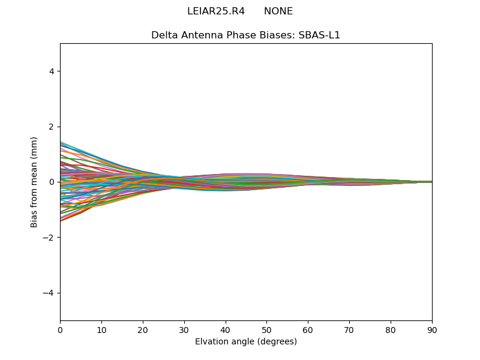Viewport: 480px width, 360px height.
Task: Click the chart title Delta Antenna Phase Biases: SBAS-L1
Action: pyautogui.click(x=246, y=35)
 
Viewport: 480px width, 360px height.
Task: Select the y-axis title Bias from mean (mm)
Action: pyautogui.click(x=34, y=182)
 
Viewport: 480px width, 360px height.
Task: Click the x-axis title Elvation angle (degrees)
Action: pyautogui.click(x=246, y=341)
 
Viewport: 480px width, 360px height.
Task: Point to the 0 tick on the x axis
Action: pyautogui.click(x=60, y=329)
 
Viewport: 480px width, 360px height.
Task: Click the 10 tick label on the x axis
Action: pyautogui.click(x=101, y=329)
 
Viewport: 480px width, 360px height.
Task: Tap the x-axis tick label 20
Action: pyautogui.click(x=143, y=329)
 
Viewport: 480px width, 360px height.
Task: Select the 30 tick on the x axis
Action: pyautogui.click(x=184, y=329)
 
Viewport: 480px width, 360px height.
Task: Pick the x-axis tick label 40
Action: pyautogui.click(x=226, y=329)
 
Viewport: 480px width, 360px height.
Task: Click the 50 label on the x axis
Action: pyautogui.click(x=266, y=329)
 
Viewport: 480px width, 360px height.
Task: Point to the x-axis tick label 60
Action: pyautogui.click(x=308, y=329)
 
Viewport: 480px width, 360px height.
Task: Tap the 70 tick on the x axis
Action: pyautogui.click(x=349, y=329)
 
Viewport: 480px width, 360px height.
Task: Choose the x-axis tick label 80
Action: pyautogui.click(x=391, y=329)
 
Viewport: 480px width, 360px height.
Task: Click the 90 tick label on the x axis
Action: pyautogui.click(x=432, y=329)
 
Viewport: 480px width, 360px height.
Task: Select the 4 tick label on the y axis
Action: pyautogui.click(x=52, y=71)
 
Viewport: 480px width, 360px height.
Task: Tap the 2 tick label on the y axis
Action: pyautogui.click(x=52, y=127)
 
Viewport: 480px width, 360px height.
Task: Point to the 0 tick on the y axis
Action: pyautogui.click(x=52, y=182)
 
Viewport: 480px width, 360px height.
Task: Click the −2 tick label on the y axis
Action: pyautogui.click(x=49, y=237)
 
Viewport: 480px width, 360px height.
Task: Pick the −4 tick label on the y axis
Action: pyautogui.click(x=49, y=293)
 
